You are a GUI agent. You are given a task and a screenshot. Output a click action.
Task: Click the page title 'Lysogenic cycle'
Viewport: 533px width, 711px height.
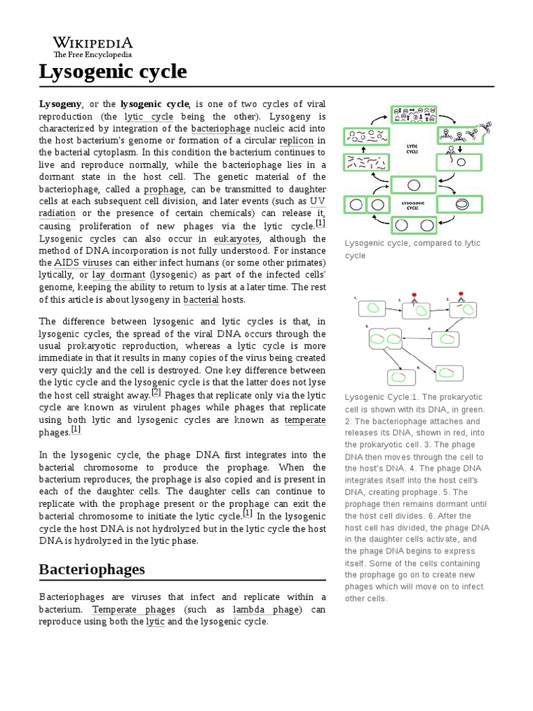112,71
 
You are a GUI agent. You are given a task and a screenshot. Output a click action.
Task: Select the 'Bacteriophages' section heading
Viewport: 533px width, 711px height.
92,569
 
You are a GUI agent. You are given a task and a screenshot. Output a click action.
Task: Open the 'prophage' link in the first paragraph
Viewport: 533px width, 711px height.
165,189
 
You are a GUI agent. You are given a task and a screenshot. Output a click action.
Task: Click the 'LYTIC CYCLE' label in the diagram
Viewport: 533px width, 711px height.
412,148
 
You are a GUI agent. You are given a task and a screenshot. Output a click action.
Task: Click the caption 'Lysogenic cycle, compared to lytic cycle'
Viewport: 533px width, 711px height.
412,249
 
